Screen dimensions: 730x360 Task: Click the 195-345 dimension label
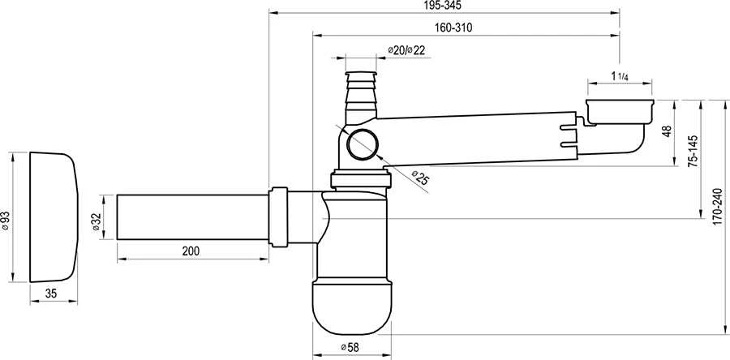[x=444, y=6]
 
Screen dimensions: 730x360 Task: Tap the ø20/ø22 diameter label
[x=406, y=51]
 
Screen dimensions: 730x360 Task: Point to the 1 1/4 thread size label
[x=619, y=76]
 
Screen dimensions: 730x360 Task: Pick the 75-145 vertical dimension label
[x=693, y=152]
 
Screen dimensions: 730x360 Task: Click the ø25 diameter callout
[x=419, y=178]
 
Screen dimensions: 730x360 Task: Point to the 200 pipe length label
[x=191, y=251]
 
